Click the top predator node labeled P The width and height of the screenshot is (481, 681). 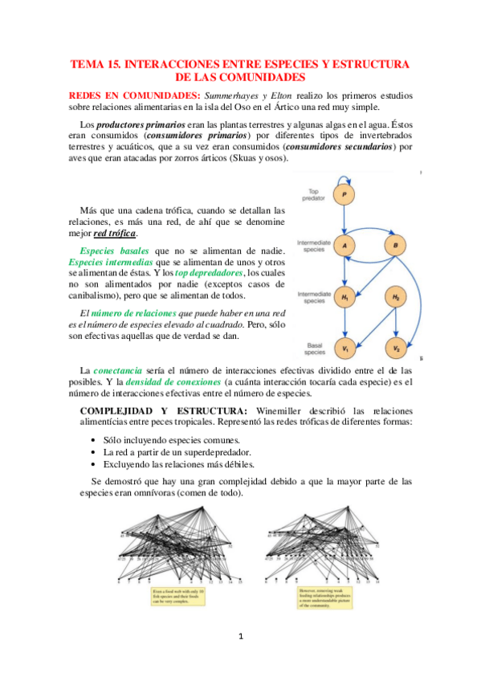[344, 195]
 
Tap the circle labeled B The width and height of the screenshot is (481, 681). [396, 245]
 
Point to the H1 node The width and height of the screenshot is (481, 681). [344, 298]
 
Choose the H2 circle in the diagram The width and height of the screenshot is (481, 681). [396, 298]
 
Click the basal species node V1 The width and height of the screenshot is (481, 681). [344, 349]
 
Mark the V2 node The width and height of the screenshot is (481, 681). [396, 349]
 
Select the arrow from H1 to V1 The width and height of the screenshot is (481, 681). [344, 323]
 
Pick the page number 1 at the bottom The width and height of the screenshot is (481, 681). [240, 637]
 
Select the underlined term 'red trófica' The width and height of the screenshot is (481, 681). [116, 234]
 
